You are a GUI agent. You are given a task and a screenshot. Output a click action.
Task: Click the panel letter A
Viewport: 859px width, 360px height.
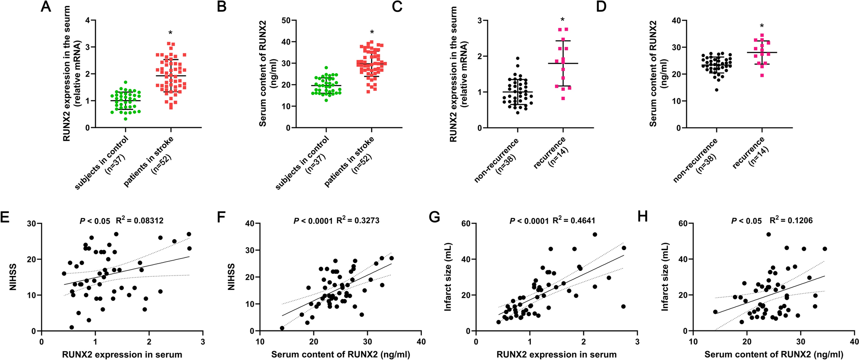[46, 7]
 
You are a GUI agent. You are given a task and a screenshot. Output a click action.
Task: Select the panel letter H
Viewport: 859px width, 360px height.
[643, 217]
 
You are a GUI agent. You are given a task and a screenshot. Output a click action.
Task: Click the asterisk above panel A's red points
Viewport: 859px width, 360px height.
[170, 33]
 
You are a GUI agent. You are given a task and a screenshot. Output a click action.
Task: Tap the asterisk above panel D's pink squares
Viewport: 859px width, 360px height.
[761, 26]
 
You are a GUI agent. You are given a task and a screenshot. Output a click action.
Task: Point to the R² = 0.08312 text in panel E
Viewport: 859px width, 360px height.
[140, 220]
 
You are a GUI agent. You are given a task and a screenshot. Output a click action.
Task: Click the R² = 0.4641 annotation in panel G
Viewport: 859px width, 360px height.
[576, 220]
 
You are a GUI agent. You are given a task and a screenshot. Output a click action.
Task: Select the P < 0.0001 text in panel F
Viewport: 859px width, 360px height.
[313, 220]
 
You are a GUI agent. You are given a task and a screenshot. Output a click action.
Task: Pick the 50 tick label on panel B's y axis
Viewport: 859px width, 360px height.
[286, 20]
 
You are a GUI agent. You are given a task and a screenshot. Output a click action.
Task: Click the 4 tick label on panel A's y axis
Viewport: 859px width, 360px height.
[87, 20]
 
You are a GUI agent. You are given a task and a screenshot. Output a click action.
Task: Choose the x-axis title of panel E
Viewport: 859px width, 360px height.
[122, 355]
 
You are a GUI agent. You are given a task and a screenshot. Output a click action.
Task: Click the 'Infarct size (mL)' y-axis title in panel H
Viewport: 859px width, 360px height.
[665, 277]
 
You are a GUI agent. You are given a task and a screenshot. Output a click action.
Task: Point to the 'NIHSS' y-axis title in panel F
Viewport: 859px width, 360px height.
[231, 277]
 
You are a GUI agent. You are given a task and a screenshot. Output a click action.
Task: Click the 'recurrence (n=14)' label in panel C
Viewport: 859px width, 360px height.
[552, 153]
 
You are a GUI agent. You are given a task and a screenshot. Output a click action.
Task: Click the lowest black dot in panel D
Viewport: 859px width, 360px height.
[717, 90]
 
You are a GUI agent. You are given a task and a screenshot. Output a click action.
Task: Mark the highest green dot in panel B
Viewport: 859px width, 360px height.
[326, 68]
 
